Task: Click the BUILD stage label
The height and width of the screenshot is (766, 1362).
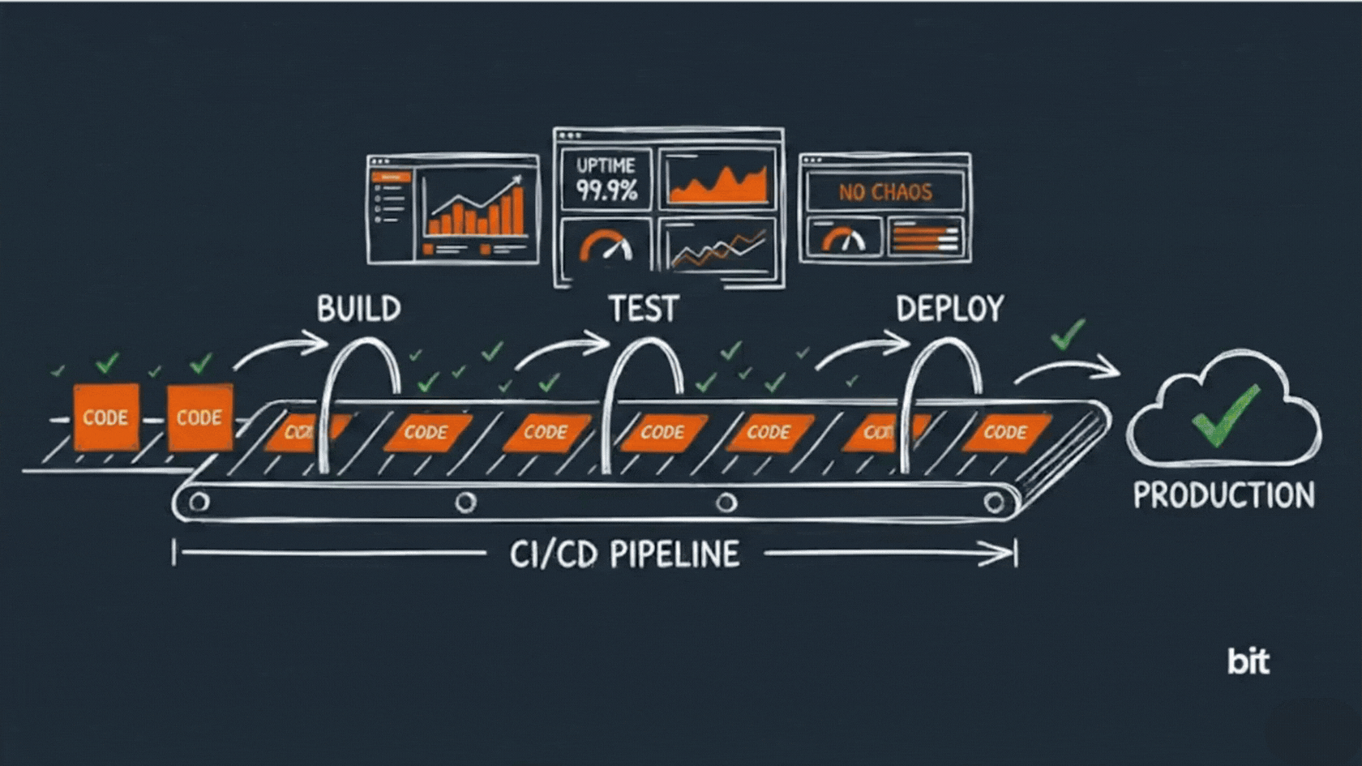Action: [x=358, y=309]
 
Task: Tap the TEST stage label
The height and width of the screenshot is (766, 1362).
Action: [x=643, y=309]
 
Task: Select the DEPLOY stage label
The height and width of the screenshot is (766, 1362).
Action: [x=949, y=309]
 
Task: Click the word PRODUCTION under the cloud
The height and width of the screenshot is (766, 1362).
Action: [x=1223, y=495]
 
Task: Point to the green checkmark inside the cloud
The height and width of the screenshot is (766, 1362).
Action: [x=1225, y=415]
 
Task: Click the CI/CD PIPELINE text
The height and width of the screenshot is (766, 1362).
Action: [x=624, y=554]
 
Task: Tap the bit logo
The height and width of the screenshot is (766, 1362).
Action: [x=1248, y=661]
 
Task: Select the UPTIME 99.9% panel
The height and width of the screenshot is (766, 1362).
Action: [x=606, y=179]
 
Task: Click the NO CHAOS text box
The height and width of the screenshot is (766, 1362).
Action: [x=884, y=192]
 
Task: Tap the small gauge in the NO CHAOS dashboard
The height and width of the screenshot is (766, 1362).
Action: [x=843, y=239]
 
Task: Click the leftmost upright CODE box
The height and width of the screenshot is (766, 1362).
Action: [x=105, y=417]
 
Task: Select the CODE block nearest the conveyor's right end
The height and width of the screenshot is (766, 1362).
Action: [x=1005, y=432]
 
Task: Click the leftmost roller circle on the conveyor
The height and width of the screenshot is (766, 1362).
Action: [x=199, y=503]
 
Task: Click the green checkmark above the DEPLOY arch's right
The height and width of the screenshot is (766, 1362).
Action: [x=1068, y=333]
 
